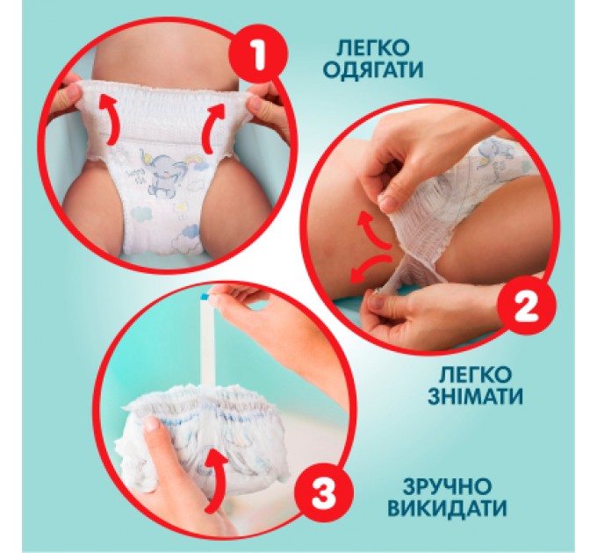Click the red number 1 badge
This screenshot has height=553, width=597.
point(258,56)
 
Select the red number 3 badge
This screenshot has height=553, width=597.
point(323,494)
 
